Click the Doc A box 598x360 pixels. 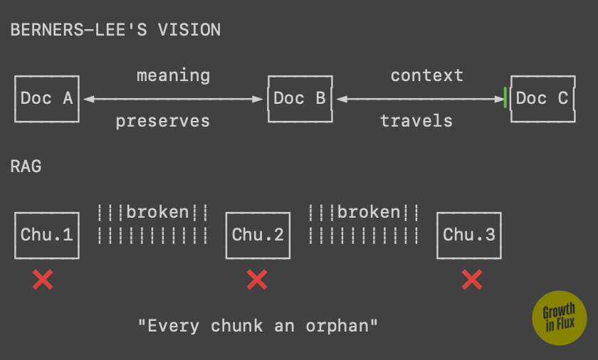pyautogui.click(x=47, y=99)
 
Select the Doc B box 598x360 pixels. pyautogui.click(x=299, y=99)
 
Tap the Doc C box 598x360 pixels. pyautogui.click(x=542, y=99)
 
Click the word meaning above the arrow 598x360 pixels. pyautogui.click(x=173, y=75)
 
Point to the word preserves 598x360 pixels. pyautogui.click(x=163, y=121)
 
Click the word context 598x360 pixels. pyautogui.click(x=426, y=75)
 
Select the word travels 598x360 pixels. pyautogui.click(x=416, y=121)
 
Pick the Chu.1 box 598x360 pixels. pyautogui.click(x=47, y=235)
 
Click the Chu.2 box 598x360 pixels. pyautogui.click(x=258, y=235)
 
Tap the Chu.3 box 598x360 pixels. pyautogui.click(x=469, y=235)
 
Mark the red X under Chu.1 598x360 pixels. pyautogui.click(x=43, y=280)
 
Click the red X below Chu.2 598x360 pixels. pyautogui.click(x=256, y=280)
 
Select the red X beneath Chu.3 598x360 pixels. pyautogui.click(x=471, y=280)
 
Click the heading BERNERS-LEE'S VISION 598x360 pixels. pyautogui.click(x=115, y=31)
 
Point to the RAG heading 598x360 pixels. pyautogui.click(x=26, y=167)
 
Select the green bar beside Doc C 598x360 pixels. pyautogui.click(x=505, y=97)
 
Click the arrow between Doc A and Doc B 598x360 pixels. pyautogui.click(x=173, y=99)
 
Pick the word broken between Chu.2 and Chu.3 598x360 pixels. pyautogui.click(x=369, y=212)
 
